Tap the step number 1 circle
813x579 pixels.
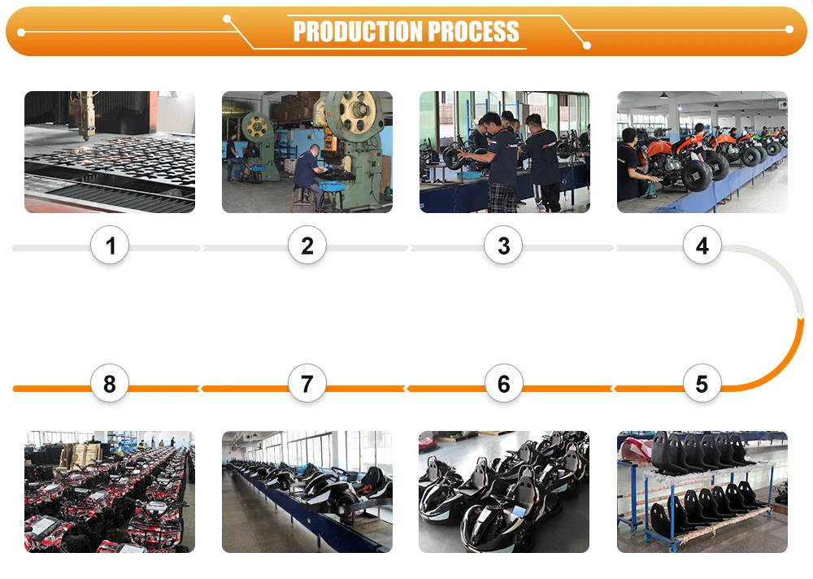(x=110, y=246)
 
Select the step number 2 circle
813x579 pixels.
(x=307, y=246)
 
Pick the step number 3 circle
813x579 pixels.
(x=503, y=246)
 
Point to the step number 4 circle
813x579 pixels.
(x=702, y=246)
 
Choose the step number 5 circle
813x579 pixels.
(x=702, y=384)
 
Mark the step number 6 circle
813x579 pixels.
(x=503, y=384)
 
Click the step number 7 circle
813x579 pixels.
(x=307, y=384)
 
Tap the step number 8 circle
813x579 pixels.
(x=110, y=384)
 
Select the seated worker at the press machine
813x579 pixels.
(x=310, y=177)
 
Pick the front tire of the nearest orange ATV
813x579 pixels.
(x=697, y=176)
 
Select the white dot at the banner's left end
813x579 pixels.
(x=21, y=33)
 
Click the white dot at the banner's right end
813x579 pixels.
(x=789, y=29)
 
